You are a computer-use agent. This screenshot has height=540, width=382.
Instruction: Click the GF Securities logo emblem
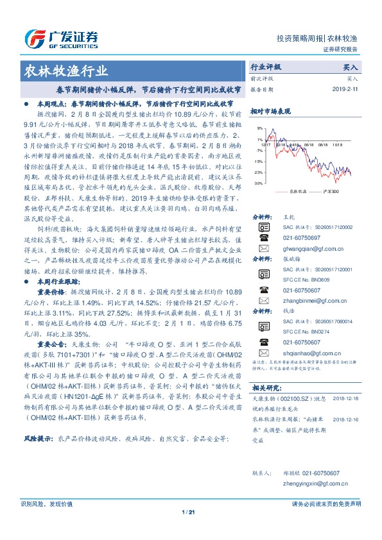coord(33,38)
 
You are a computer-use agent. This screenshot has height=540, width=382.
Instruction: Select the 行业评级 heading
coord(266,66)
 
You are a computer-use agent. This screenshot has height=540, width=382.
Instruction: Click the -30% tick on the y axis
coord(257,183)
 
